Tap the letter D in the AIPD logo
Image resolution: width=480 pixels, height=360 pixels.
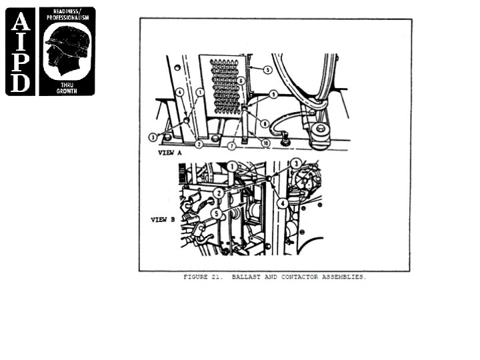pos(20,83)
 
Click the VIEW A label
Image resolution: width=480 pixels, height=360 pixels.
pos(170,152)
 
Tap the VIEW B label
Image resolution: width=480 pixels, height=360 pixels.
pos(163,219)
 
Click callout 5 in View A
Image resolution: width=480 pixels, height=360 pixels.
pos(267,69)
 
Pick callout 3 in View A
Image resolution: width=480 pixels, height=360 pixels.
pos(153,137)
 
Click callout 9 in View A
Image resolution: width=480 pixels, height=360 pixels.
pos(273,95)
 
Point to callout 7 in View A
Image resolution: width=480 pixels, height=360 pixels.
pos(231,145)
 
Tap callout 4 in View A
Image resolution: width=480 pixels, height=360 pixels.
pos(179,92)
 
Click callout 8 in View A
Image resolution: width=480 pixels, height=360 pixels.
pos(265,123)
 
